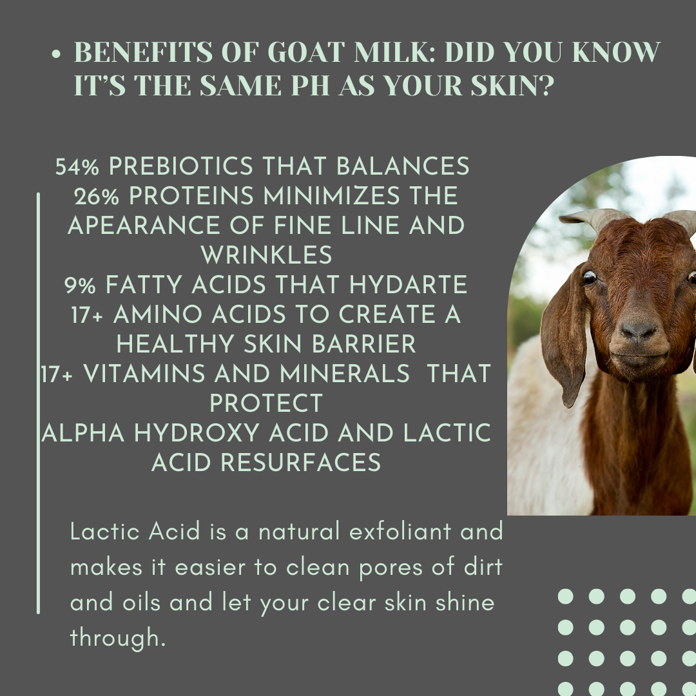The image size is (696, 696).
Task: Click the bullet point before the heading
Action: pyautogui.click(x=56, y=54)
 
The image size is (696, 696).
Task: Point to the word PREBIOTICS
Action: pyautogui.click(x=181, y=166)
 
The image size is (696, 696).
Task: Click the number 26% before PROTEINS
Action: pyautogui.click(x=96, y=196)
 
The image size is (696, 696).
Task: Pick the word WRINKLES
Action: pyautogui.click(x=266, y=255)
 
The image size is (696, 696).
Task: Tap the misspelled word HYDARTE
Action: pyautogui.click(x=409, y=285)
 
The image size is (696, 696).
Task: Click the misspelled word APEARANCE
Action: pyautogui.click(x=144, y=226)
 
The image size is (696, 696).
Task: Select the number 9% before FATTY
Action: pyautogui.click(x=80, y=285)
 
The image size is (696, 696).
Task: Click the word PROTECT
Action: pyautogui.click(x=266, y=403)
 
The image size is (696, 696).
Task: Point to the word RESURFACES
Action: pyautogui.click(x=300, y=462)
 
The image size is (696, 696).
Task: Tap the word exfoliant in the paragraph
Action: pyautogui.click(x=400, y=531)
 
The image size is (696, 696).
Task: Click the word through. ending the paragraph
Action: pyautogui.click(x=118, y=638)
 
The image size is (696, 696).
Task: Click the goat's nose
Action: pyautogui.click(x=638, y=330)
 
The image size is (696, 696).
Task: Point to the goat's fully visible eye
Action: pyautogui.click(x=590, y=277)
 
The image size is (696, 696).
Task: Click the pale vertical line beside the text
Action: pyautogui.click(x=38, y=403)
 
